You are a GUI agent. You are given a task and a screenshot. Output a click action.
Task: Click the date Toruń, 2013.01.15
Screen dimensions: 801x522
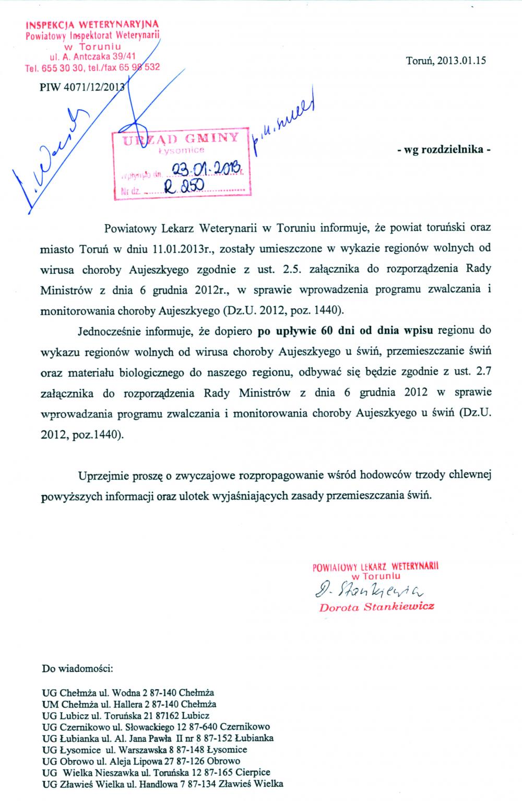(445, 60)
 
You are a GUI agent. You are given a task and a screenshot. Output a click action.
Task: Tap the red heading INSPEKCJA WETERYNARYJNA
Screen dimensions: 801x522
(92, 25)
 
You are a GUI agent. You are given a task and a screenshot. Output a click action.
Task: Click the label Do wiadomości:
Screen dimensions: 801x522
(74, 668)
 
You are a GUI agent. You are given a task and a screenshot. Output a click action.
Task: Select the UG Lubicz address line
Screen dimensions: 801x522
(126, 715)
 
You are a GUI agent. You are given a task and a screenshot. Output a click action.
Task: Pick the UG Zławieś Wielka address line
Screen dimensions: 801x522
(162, 784)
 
